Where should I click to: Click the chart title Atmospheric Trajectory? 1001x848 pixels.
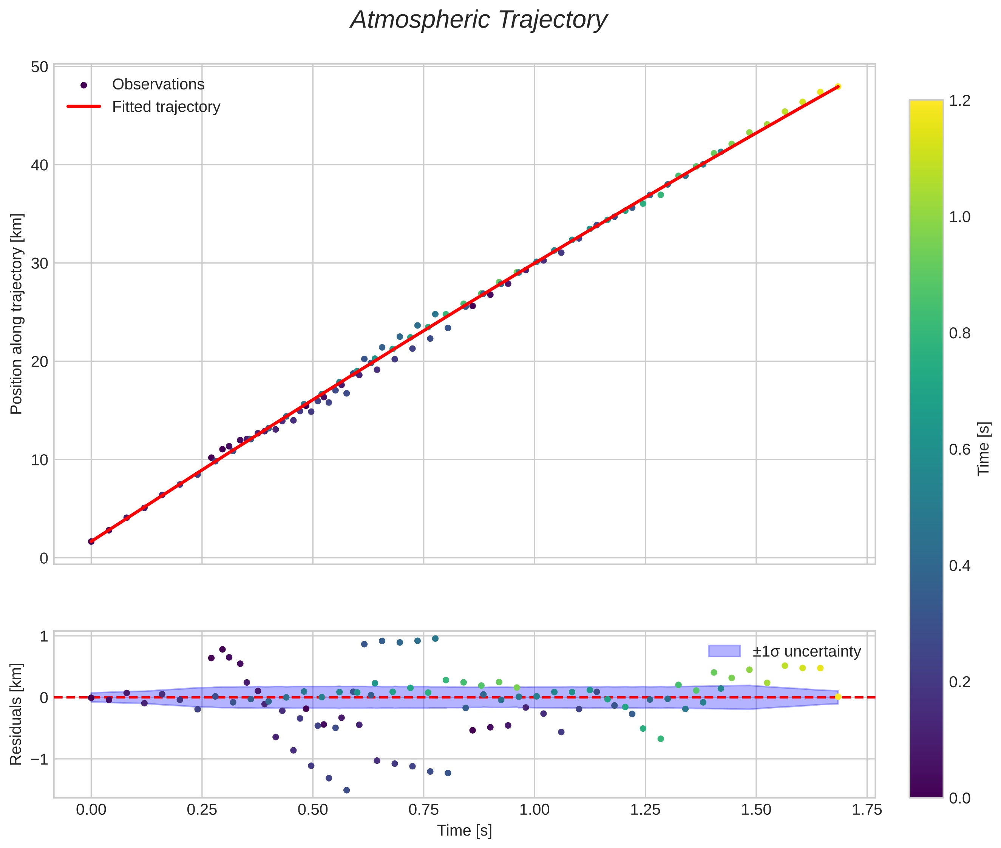(x=479, y=20)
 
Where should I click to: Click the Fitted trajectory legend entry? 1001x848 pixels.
(x=166, y=107)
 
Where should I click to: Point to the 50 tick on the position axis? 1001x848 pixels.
(x=39, y=67)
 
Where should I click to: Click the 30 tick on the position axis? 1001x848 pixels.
(x=39, y=264)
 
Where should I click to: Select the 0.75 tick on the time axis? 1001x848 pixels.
(x=423, y=810)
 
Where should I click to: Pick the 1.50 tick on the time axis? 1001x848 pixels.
(x=756, y=810)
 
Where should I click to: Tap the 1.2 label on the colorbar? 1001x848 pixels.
(x=959, y=101)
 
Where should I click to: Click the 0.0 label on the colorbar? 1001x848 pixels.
(x=959, y=798)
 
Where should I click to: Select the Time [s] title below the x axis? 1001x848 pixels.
(x=464, y=831)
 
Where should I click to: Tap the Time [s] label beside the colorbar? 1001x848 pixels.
(x=984, y=449)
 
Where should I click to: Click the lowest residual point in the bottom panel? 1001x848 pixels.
(x=346, y=790)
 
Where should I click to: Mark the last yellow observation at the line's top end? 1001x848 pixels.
(x=838, y=86)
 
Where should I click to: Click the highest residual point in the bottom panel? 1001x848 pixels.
(x=435, y=639)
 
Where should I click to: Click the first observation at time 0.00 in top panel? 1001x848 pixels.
(x=91, y=542)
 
